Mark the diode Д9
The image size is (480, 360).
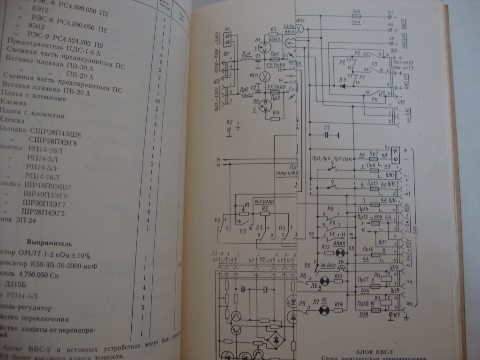(343, 86)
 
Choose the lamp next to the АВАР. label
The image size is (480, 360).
(340, 252)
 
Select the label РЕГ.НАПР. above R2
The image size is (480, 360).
(261, 201)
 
